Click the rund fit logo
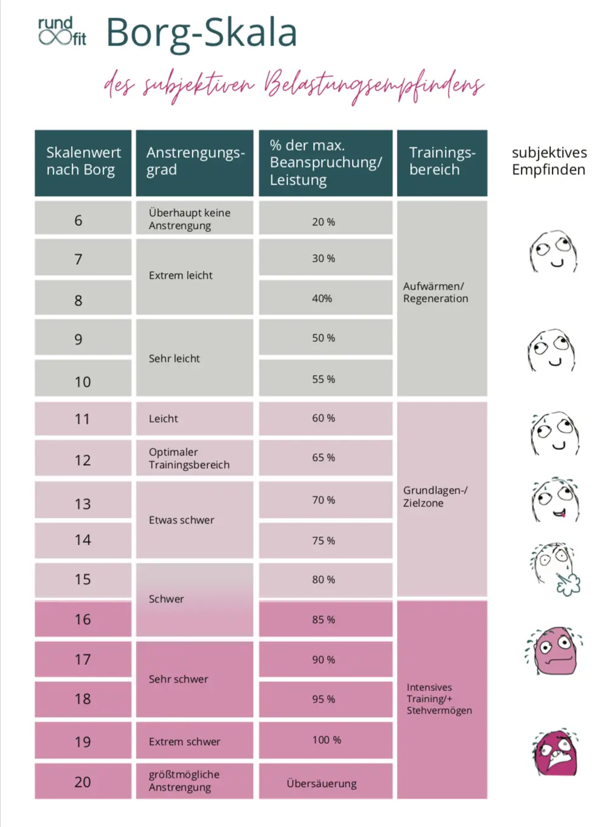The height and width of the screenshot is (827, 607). click(x=62, y=32)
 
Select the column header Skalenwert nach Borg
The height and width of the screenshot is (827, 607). click(x=83, y=162)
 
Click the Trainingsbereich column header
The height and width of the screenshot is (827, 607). click(x=442, y=162)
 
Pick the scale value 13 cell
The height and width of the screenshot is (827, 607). click(x=83, y=503)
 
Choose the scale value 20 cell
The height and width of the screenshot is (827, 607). click(x=83, y=781)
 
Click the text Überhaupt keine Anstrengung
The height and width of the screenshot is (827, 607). click(x=189, y=219)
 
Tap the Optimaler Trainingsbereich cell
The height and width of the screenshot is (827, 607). click(x=189, y=458)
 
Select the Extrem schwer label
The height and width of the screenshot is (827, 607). click(x=185, y=741)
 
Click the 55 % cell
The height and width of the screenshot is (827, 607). click(x=324, y=379)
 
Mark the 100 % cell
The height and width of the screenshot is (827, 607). click(x=327, y=740)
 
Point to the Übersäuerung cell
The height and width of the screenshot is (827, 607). click(x=322, y=783)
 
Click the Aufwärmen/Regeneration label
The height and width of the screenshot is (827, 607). click(x=436, y=292)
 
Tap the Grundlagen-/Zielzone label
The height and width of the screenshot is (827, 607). click(x=435, y=497)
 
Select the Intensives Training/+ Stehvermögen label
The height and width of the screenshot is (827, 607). click(x=439, y=698)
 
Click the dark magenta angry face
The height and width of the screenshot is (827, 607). click(x=555, y=754)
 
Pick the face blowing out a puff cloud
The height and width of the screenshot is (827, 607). click(x=555, y=568)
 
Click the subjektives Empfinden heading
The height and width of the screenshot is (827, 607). click(x=549, y=161)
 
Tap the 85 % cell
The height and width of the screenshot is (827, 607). click(x=324, y=619)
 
